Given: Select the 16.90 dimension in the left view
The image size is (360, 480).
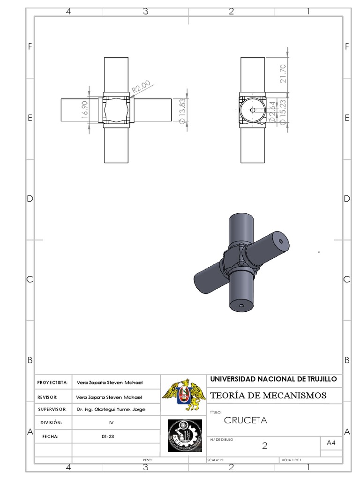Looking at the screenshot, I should (85, 110).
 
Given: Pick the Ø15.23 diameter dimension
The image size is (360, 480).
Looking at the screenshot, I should (283, 111).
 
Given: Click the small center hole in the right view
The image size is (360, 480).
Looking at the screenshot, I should (252, 110).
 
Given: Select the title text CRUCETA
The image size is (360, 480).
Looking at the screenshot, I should (245, 420).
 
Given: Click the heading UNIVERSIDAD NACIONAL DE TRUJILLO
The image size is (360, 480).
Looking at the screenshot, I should (273, 379).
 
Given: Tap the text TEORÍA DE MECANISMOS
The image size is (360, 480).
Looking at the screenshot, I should (268, 396).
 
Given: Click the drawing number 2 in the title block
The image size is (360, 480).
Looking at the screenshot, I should (264, 446).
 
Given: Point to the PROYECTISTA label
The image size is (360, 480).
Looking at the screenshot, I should (52, 382).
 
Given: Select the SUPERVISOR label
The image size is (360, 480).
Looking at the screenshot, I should (52, 409).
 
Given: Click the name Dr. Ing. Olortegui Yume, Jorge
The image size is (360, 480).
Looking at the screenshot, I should (111, 409).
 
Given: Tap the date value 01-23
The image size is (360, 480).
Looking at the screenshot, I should (108, 436).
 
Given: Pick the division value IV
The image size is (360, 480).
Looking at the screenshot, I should (111, 422).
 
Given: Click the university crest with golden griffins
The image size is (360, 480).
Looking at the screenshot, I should (184, 395).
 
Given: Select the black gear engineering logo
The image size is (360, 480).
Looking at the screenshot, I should (184, 435).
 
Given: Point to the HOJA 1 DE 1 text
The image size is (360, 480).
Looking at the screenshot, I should (292, 460).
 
